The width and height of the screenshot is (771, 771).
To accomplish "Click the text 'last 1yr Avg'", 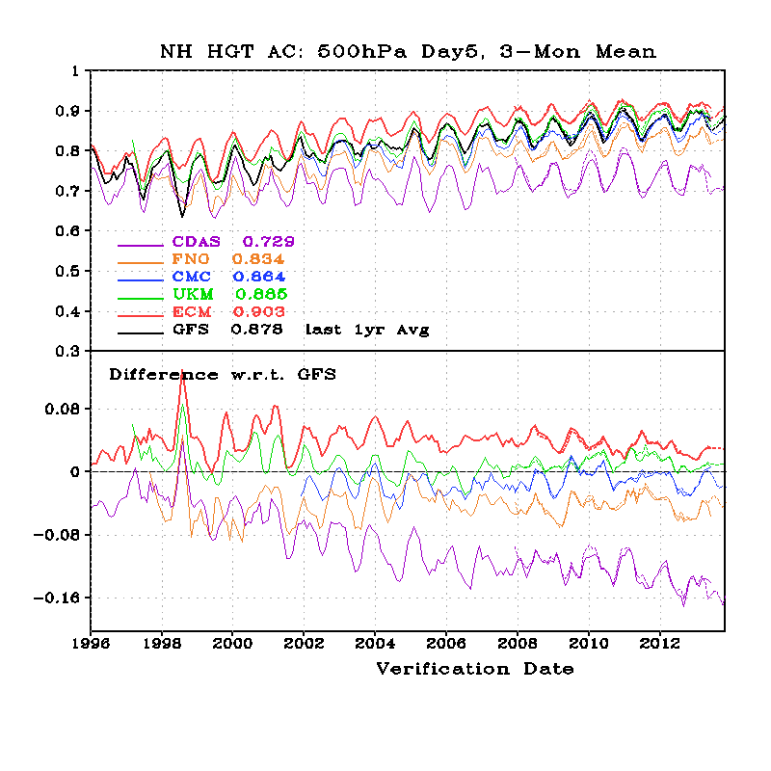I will (366, 330).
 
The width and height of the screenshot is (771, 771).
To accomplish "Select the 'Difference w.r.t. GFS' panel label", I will (222, 374).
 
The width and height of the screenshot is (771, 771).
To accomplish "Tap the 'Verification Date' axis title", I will (474, 669).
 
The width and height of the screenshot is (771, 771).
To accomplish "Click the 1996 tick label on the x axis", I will (91, 642).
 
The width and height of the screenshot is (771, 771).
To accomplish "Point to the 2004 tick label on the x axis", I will (375, 642).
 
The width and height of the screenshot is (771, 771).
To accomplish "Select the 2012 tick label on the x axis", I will (660, 642).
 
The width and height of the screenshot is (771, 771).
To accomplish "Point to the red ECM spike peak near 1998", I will (182, 371).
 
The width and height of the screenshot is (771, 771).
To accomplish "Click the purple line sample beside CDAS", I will (138, 243).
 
